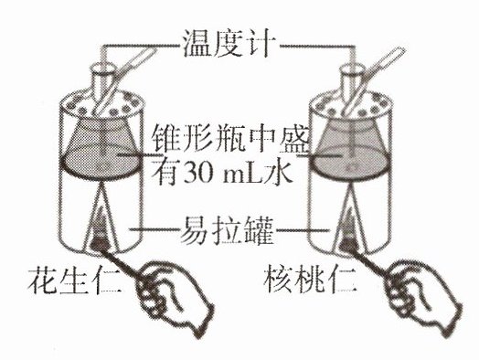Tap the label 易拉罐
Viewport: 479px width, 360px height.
[227, 230]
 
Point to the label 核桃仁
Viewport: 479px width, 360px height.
[310, 277]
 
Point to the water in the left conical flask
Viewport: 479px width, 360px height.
[101, 164]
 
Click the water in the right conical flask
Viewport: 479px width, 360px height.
[351, 162]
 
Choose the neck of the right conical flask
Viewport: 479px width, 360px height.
[351, 82]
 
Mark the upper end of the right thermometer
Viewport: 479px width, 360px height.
[400, 50]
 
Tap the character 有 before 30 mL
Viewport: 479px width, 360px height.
[167, 174]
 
